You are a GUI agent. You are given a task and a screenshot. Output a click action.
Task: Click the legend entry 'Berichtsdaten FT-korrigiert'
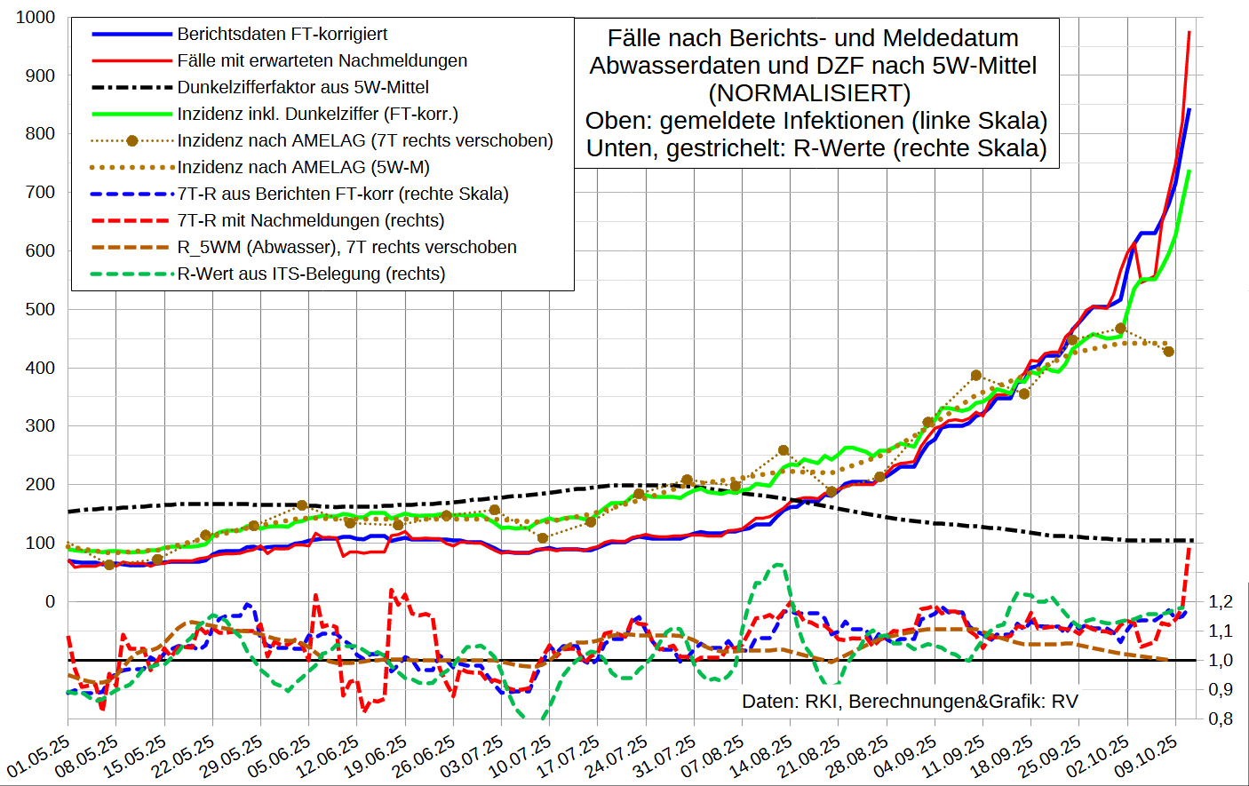282,34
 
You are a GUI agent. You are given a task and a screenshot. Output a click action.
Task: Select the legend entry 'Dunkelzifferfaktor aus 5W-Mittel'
302,87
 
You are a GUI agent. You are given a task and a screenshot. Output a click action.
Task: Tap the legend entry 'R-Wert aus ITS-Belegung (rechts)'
311,274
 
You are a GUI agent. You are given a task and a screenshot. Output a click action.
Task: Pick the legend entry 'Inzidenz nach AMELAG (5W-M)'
303,167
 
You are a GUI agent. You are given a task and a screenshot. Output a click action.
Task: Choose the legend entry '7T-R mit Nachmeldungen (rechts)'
310,220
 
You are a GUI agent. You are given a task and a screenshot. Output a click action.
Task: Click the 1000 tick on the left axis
35,17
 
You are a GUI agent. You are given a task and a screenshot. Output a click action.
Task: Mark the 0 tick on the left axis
50,601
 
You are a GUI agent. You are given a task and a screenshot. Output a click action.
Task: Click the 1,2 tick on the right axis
1221,601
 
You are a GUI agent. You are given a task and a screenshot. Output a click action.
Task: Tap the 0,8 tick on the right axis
1221,718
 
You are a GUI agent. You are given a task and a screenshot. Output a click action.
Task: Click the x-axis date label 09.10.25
1146,755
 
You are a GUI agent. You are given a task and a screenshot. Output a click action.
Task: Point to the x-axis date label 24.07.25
617,755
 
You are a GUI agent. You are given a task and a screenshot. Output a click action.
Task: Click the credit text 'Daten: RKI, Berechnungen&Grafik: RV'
910,702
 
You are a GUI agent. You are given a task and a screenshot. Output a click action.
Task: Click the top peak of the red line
1189,32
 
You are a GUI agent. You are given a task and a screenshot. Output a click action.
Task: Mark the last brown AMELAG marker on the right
1169,352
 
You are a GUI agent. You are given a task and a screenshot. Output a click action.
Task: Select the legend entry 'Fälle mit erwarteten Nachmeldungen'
322,60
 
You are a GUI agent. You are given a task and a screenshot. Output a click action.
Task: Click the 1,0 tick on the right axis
1221,660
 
